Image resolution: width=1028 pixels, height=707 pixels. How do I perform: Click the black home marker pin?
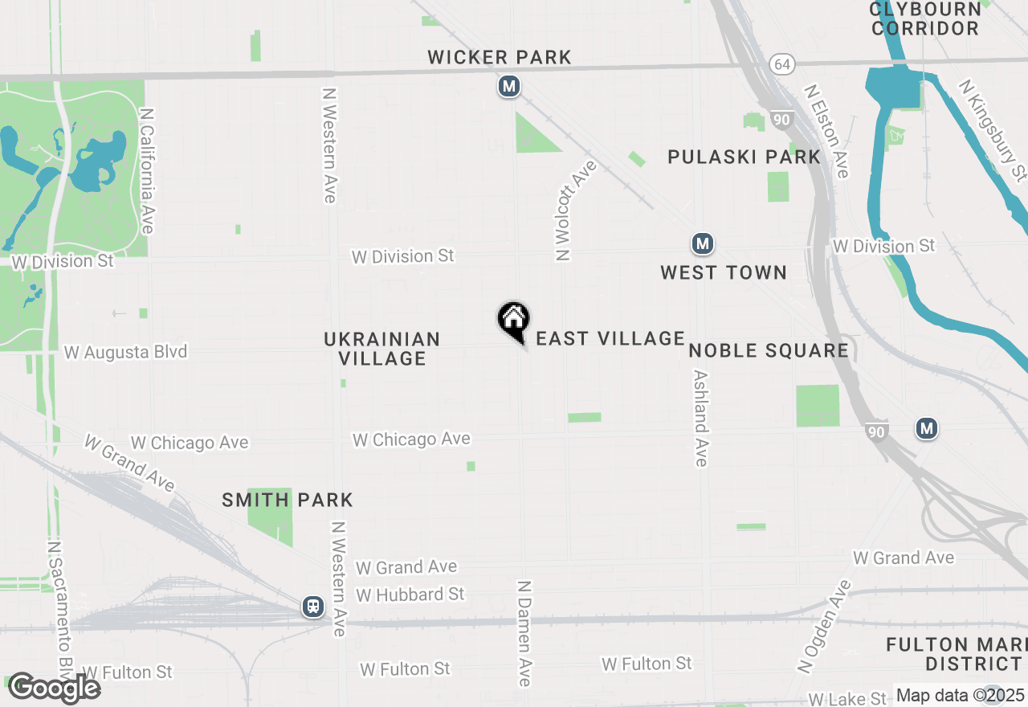click(x=513, y=321)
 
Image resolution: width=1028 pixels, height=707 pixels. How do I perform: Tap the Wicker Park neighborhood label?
click(x=500, y=57)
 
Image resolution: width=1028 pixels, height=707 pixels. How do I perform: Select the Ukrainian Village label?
click(x=382, y=349)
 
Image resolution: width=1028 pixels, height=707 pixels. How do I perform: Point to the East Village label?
click(x=610, y=339)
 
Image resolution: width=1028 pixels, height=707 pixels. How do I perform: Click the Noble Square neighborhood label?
click(x=769, y=350)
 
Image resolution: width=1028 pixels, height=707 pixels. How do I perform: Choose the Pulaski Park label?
click(x=744, y=157)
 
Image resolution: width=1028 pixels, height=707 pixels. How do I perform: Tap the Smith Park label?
click(x=288, y=500)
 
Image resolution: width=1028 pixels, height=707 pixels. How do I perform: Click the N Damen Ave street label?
click(x=524, y=634)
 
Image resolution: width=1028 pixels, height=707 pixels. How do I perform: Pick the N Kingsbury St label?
click(x=993, y=129)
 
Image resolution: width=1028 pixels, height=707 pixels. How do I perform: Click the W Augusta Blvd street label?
click(x=125, y=352)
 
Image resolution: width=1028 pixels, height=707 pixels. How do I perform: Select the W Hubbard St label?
click(x=410, y=595)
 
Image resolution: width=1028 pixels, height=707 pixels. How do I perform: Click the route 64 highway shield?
click(x=781, y=63)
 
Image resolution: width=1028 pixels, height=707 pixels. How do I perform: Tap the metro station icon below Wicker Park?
click(x=508, y=86)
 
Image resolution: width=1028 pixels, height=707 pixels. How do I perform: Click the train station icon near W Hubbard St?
click(x=313, y=607)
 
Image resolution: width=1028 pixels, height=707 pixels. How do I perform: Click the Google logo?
click(x=55, y=688)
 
